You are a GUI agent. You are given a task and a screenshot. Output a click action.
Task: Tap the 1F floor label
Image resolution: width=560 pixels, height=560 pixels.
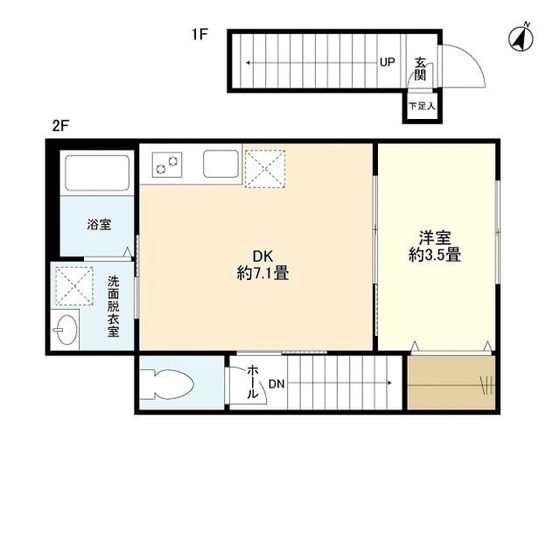coord(199,36)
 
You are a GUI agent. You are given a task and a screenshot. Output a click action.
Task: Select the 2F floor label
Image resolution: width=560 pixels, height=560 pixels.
coord(59,125)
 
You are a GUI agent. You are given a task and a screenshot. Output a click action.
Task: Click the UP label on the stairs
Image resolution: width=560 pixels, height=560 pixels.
coord(387,62)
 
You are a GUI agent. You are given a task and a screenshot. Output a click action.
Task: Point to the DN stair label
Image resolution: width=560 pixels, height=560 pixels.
coord(276,383)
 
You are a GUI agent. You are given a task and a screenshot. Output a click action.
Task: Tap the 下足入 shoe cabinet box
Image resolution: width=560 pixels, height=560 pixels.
coord(422,106)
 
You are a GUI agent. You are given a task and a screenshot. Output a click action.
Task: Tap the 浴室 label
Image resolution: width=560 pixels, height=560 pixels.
coord(98,225)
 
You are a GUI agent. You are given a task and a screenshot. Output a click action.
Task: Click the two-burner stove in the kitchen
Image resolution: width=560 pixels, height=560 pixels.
coord(166,163)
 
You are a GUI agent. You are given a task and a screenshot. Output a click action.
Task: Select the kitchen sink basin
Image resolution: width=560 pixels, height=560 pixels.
coord(220,164)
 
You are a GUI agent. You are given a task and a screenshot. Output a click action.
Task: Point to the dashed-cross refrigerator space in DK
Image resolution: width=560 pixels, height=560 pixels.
coord(266,167)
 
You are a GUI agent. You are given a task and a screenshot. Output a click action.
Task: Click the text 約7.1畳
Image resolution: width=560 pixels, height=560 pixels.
coord(262,273)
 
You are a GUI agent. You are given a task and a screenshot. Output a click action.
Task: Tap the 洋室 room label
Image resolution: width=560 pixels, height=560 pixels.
coord(435,237)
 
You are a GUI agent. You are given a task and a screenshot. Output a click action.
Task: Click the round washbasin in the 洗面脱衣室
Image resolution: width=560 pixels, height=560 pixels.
coord(65,331)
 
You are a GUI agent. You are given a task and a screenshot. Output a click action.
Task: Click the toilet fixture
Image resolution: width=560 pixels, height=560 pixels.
coord(168,383)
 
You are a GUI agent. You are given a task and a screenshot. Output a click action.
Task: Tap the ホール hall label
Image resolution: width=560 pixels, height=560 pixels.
coord(253,382)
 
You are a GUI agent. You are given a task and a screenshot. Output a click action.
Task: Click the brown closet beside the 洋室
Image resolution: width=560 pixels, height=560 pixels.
coord(451,381)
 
